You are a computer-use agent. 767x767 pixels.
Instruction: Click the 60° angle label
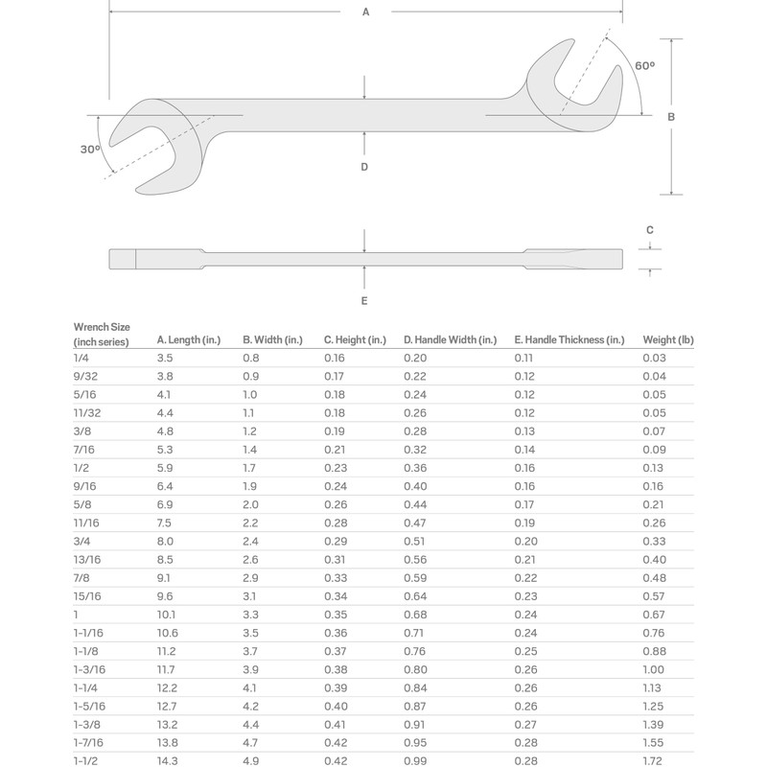coord(645,65)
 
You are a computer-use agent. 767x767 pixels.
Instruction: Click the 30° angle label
coord(90,150)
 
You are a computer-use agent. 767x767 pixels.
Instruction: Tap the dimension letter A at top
coord(365,12)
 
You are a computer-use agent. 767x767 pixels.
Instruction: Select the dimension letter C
coord(650,230)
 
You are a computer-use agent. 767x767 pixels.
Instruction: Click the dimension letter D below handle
coord(364,167)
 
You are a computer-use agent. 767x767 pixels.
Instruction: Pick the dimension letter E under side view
coord(364,301)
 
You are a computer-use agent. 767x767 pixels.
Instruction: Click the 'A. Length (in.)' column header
coord(189,339)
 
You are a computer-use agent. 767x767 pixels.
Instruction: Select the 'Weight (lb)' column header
coord(668,339)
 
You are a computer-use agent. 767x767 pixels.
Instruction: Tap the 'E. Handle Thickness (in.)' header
coord(569,339)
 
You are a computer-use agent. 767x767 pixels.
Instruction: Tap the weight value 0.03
coord(655,358)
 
